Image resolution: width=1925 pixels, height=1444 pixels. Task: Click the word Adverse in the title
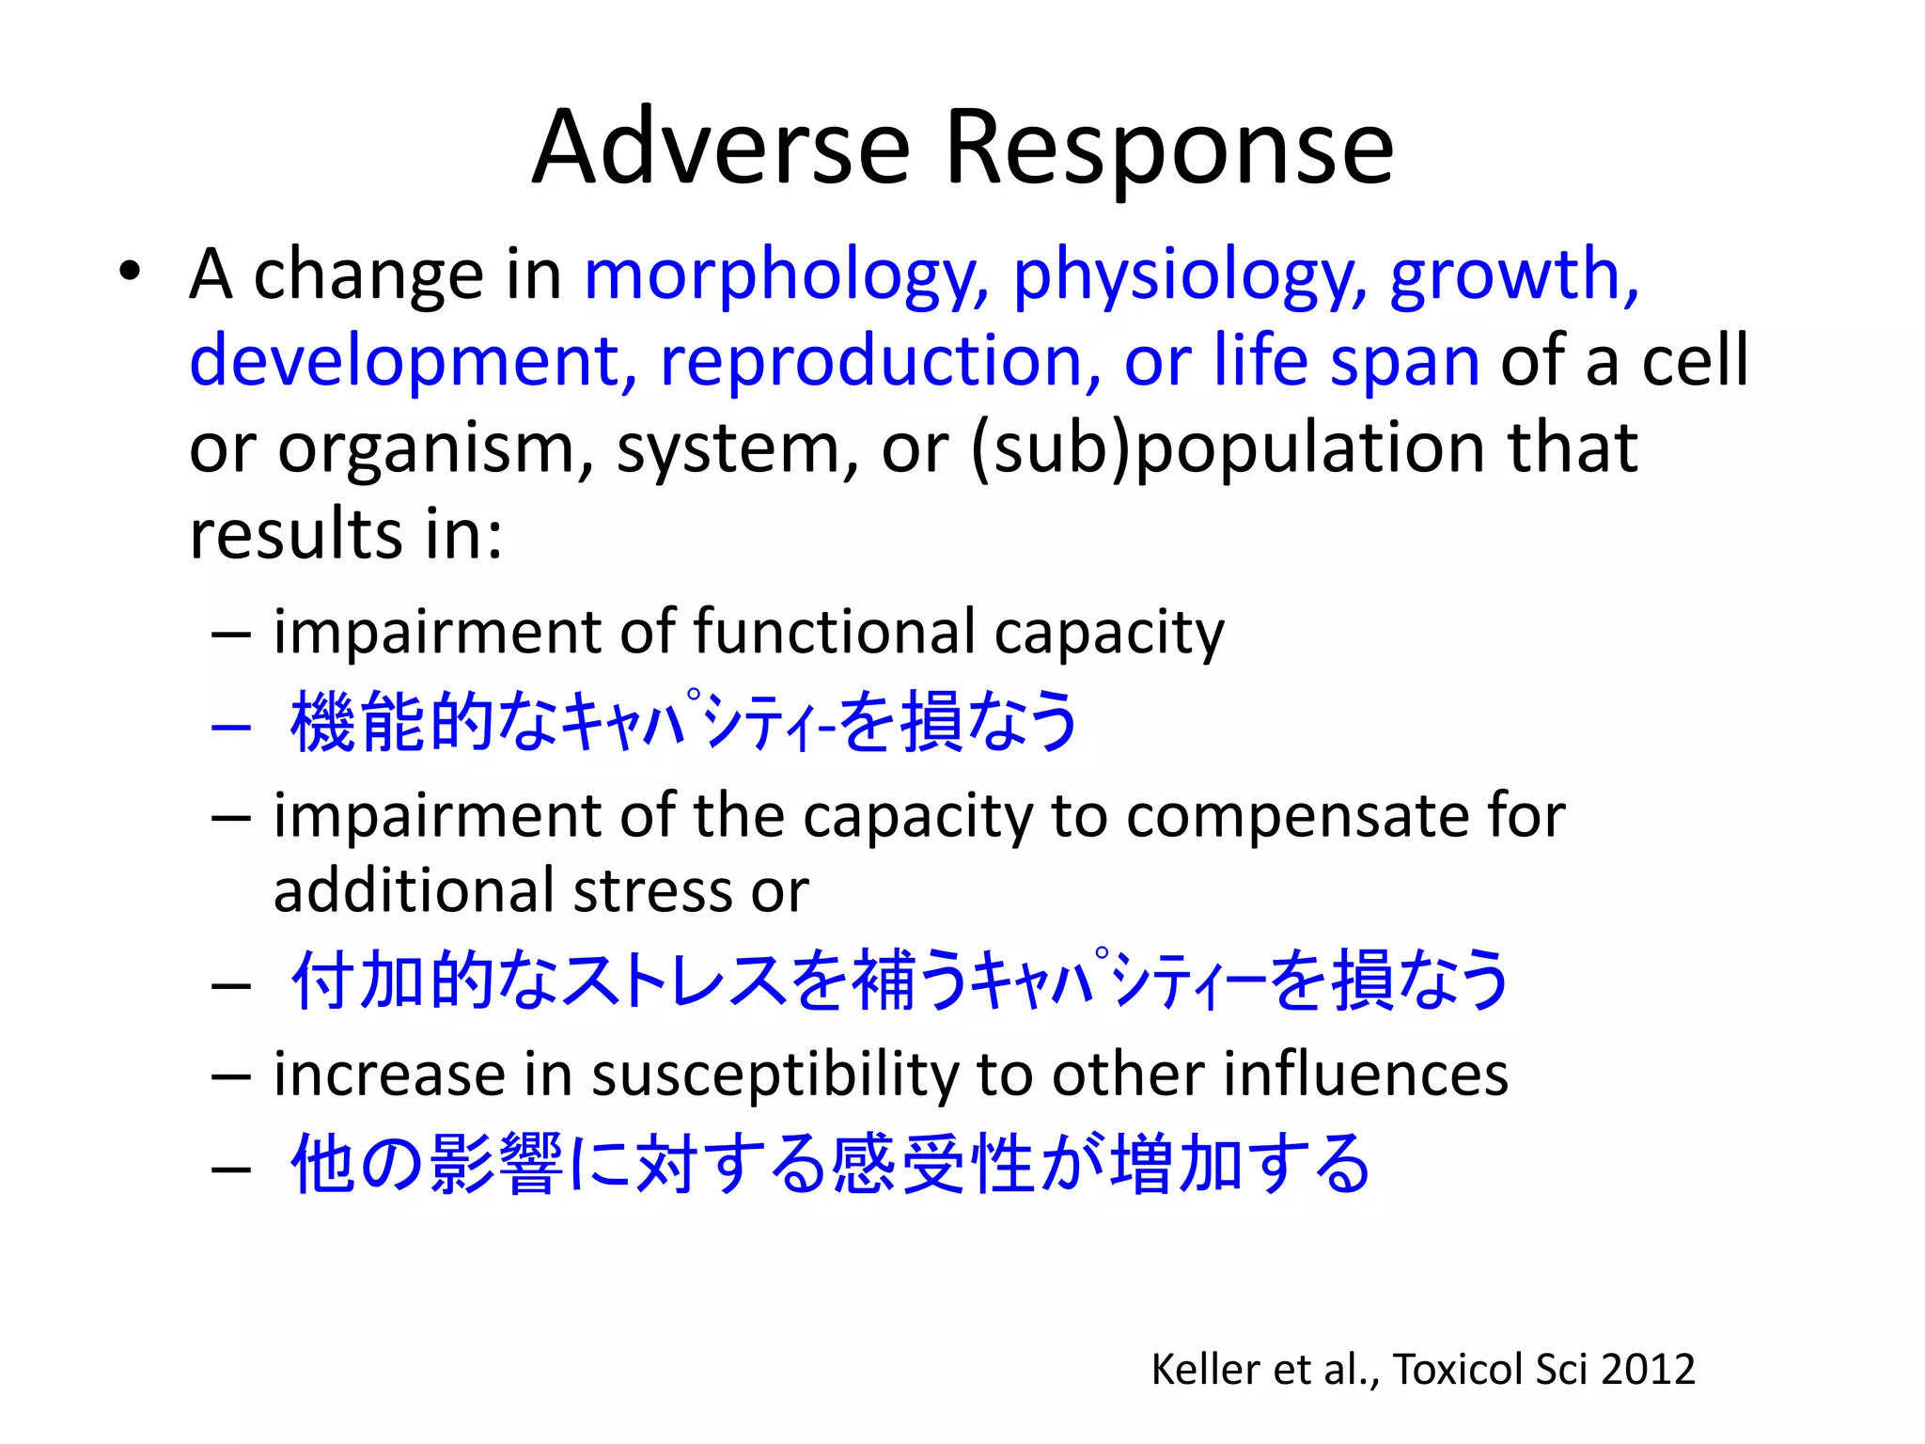(x=721, y=148)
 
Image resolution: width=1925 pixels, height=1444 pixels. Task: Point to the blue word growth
(x=1513, y=275)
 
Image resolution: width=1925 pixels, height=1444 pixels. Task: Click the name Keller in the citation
(x=1205, y=1370)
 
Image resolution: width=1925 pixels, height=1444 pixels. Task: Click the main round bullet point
(x=130, y=273)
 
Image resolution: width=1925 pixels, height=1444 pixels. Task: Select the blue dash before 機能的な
(x=231, y=727)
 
